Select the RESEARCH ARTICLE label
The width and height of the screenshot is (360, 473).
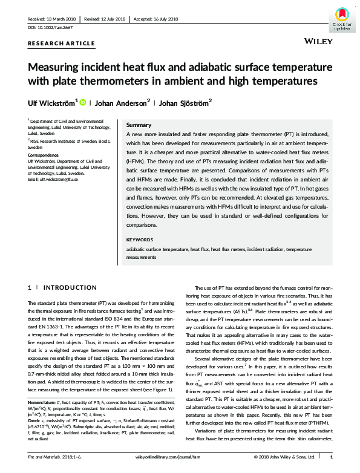point(62,43)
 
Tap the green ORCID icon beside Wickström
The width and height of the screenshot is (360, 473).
point(83,102)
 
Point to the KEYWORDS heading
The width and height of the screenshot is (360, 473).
point(140,239)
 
